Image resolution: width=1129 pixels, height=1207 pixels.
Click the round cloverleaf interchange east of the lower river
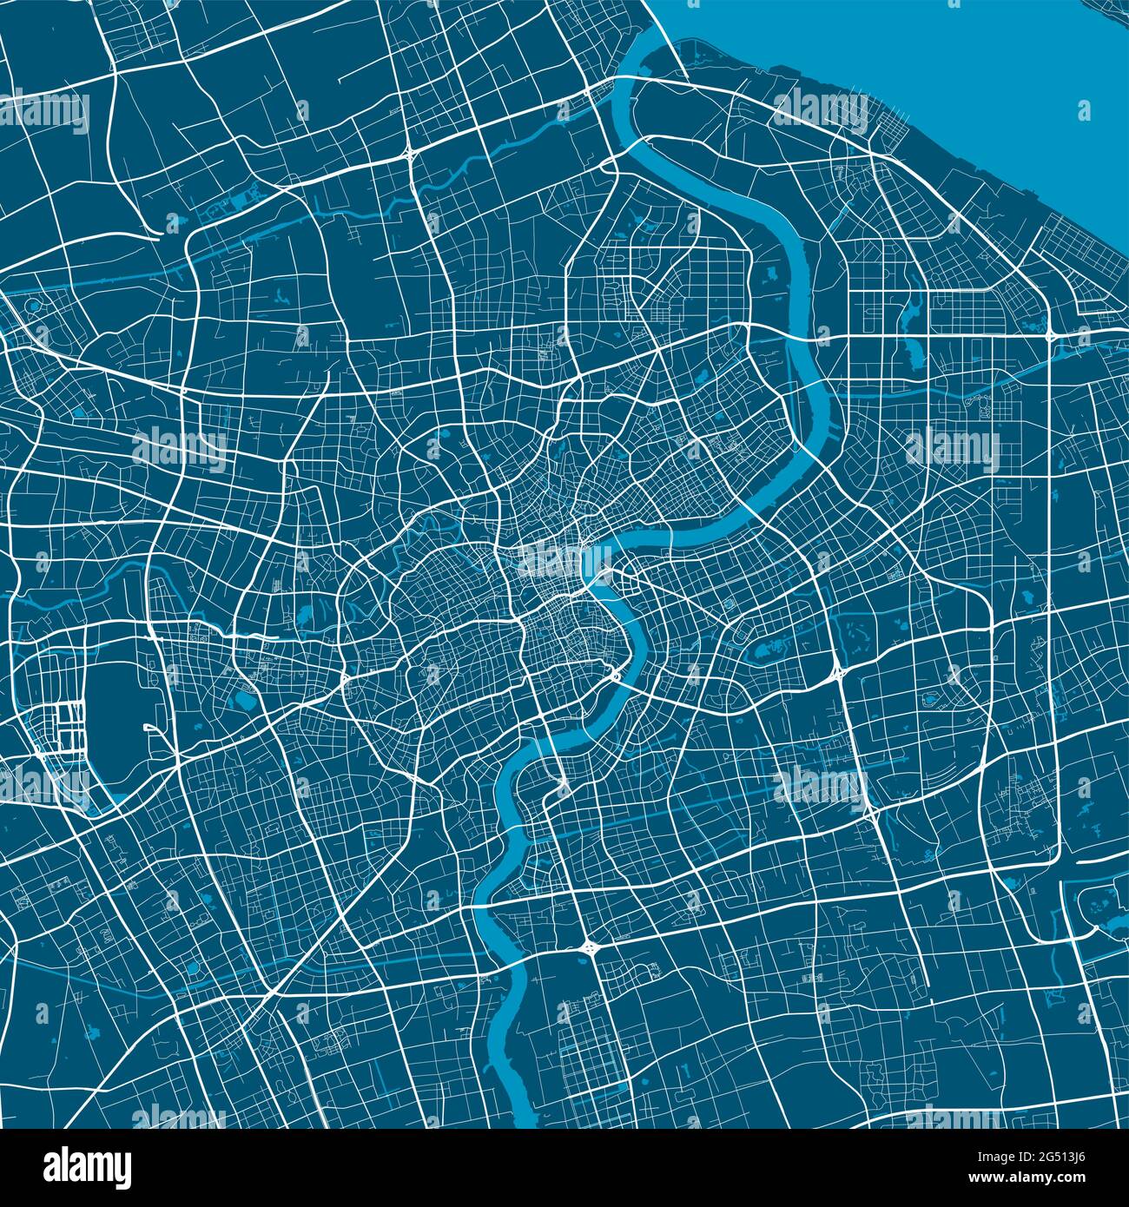590,947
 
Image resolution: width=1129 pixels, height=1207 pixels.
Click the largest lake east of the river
769,648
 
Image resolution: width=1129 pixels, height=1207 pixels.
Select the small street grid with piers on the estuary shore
895,139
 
